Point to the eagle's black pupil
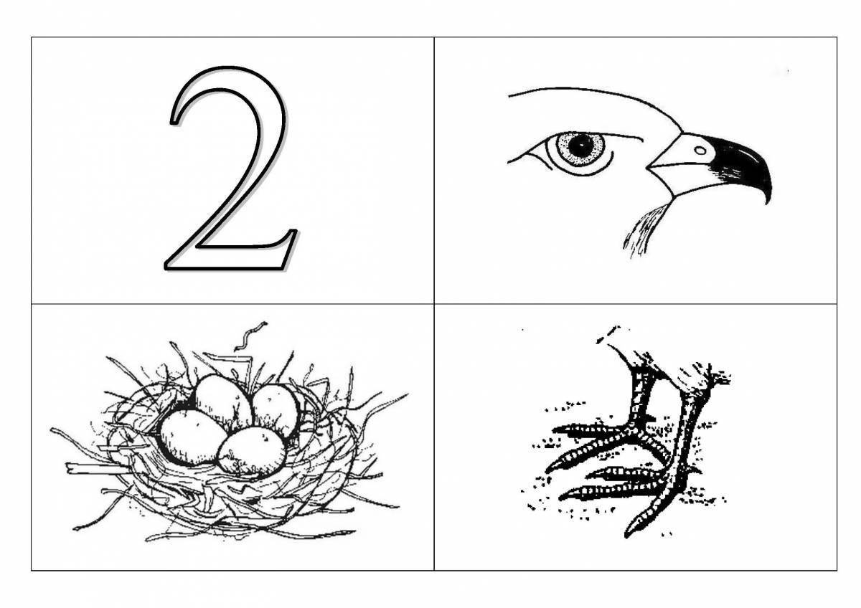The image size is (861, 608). coord(580,146)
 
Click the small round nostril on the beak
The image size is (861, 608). coord(700,151)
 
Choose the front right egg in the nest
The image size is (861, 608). coord(252,452)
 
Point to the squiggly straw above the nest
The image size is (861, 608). coord(250,336)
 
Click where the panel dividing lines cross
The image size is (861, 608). coord(434,304)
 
